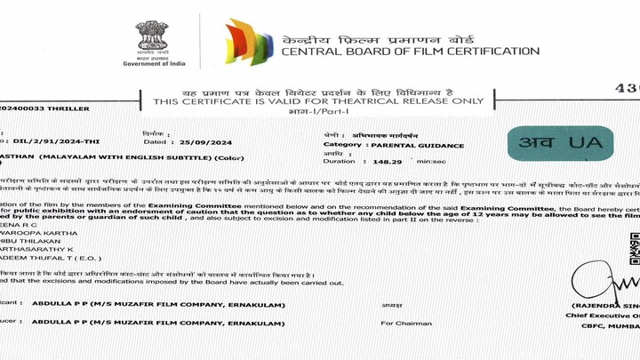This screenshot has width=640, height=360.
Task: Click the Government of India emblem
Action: (x=152, y=36)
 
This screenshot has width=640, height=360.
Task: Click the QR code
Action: (x=634, y=249)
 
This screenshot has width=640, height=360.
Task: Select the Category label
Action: (x=343, y=144)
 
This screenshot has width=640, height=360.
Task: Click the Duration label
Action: (x=340, y=162)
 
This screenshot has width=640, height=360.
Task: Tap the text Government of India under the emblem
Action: (x=153, y=65)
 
